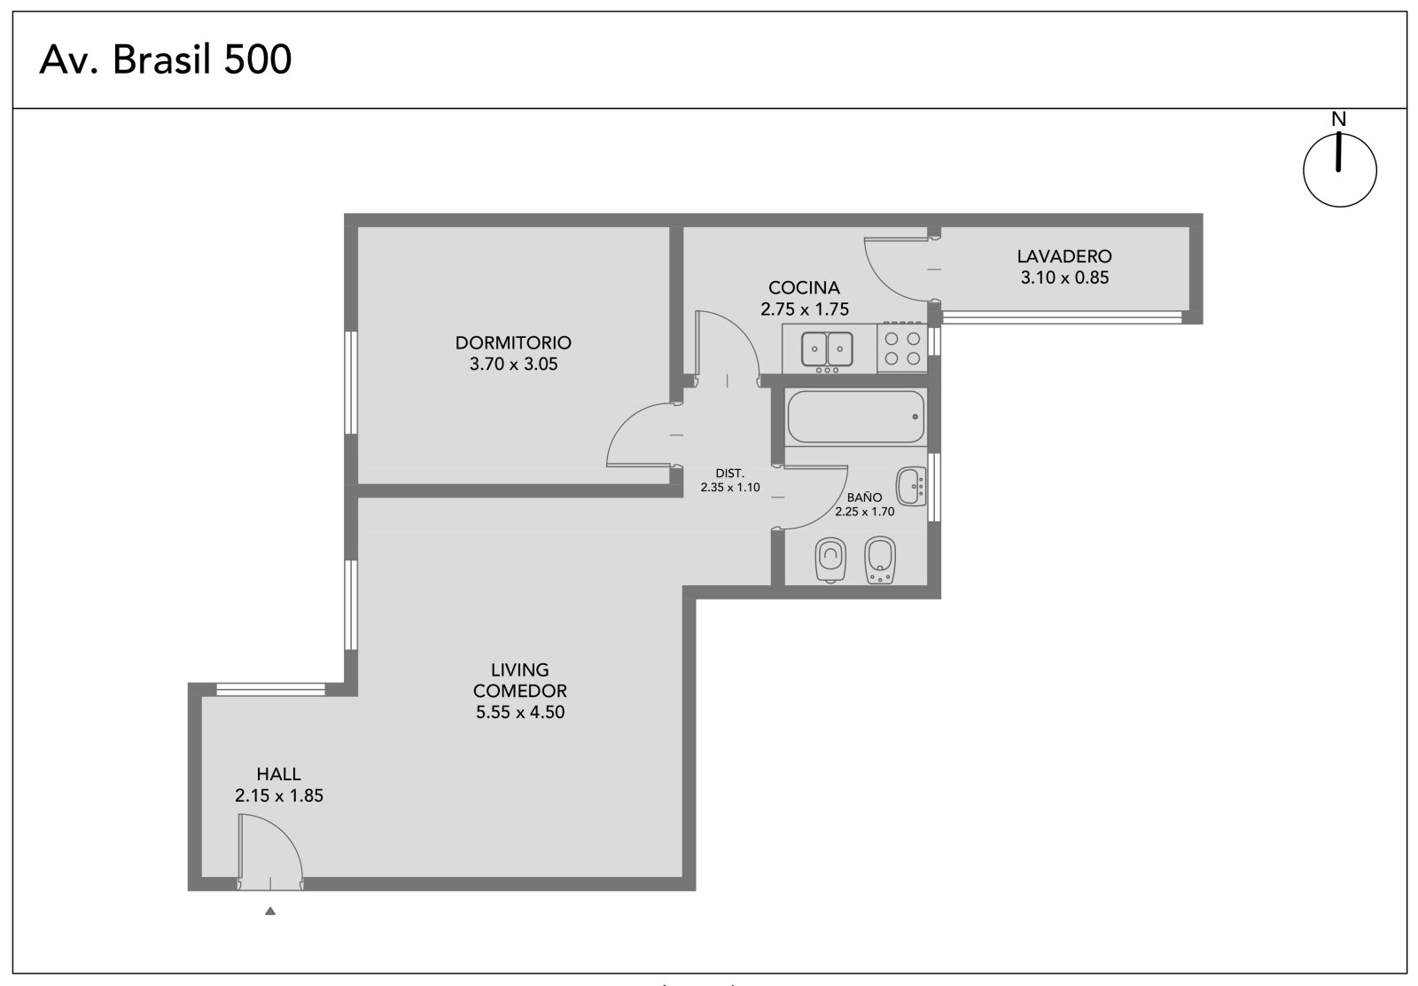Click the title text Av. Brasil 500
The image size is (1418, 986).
tap(165, 59)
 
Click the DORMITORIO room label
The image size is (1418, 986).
tap(513, 342)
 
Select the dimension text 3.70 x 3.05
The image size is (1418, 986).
tap(513, 364)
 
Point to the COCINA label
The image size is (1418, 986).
tap(804, 287)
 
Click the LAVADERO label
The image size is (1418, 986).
tap(1064, 256)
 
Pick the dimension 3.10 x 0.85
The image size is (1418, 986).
tap(1064, 278)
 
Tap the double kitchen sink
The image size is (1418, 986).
tap(827, 349)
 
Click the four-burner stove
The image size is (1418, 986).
tap(902, 348)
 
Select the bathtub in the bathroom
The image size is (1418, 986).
tap(856, 417)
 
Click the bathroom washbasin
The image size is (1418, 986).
tap(912, 487)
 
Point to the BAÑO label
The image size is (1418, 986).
tap(864, 497)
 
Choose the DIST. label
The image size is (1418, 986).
tap(730, 473)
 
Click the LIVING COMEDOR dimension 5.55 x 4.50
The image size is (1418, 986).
tap(519, 712)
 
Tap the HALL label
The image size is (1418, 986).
tap(278, 774)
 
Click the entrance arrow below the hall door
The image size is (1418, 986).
tap(270, 911)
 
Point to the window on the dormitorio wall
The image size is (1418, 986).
tap(351, 382)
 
